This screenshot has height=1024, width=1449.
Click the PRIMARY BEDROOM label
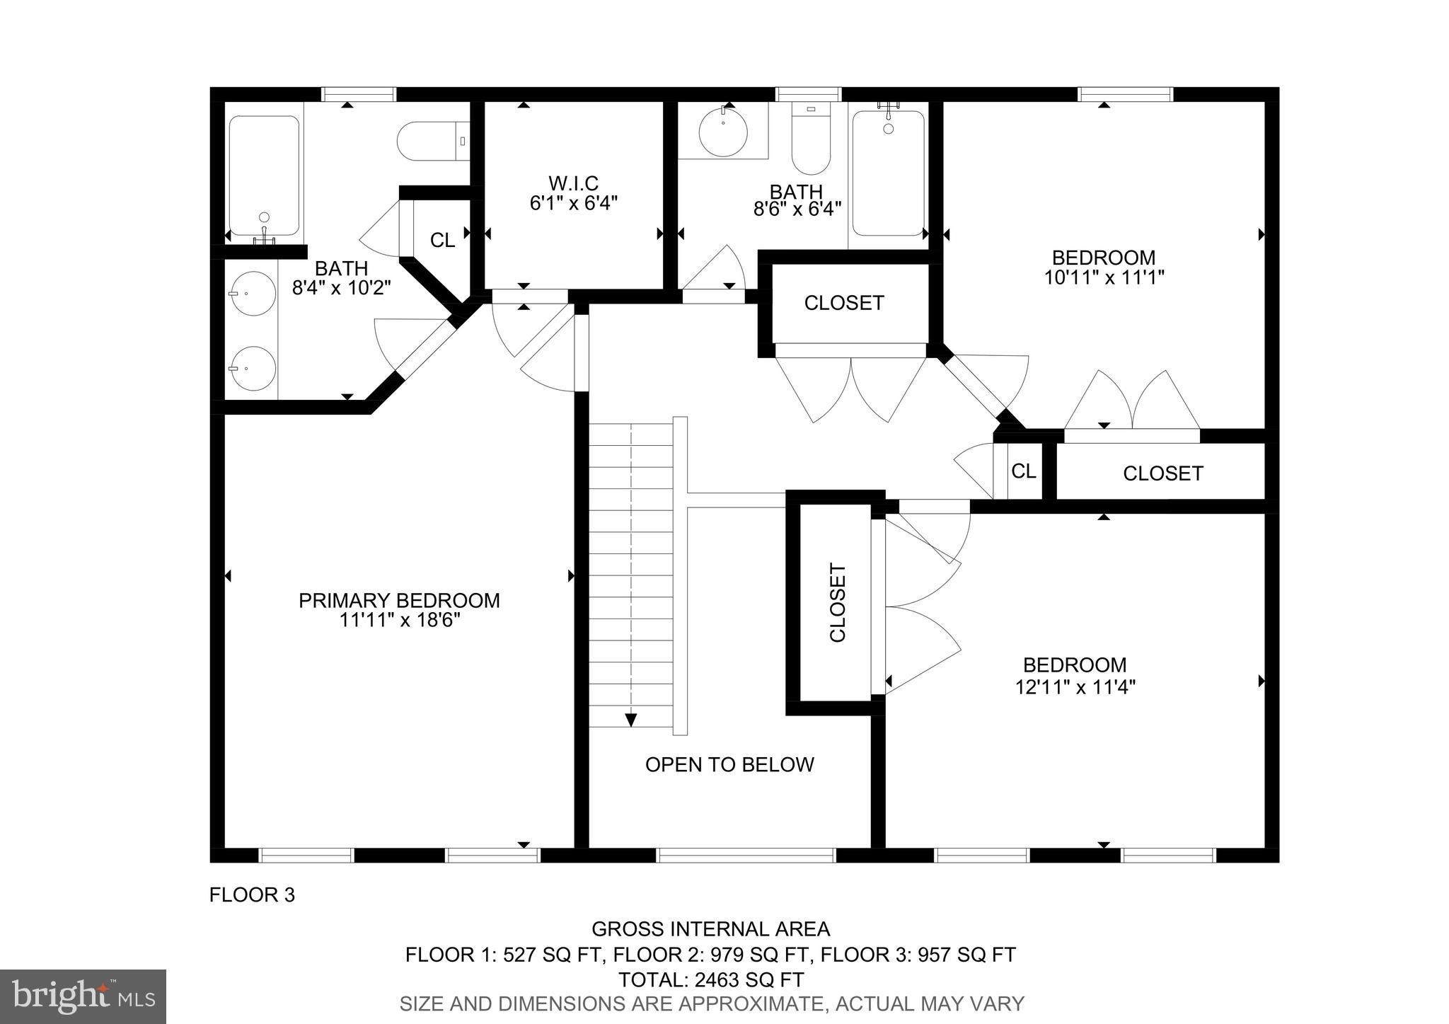[x=399, y=600]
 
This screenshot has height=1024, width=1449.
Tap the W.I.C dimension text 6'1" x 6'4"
[x=573, y=204]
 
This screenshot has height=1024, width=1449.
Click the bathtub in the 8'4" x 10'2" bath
[x=264, y=176]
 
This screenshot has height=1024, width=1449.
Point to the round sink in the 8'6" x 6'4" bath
[x=723, y=132]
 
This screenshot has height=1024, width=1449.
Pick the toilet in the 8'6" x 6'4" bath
[x=811, y=139]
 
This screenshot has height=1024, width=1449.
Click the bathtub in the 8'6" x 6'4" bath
[x=888, y=173]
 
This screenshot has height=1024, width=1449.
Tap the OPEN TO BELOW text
[x=729, y=764]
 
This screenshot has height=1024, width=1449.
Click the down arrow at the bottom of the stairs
[x=630, y=719]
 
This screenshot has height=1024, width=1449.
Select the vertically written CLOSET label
[x=838, y=602]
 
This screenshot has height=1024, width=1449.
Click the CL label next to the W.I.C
[x=443, y=241]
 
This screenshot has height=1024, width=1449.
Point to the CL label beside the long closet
[x=1024, y=471]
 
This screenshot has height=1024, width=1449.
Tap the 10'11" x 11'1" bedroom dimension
[x=1104, y=277]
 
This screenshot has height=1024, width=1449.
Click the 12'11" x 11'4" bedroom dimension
[x=1075, y=687]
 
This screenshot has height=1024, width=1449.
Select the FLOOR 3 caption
[x=252, y=895]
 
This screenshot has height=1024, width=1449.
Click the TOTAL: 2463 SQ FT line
[x=710, y=979]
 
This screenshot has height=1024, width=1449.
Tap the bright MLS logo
[x=83, y=996]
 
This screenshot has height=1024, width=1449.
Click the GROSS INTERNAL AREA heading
[x=710, y=928]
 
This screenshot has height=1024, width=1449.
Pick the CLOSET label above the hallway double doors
[x=844, y=303]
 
